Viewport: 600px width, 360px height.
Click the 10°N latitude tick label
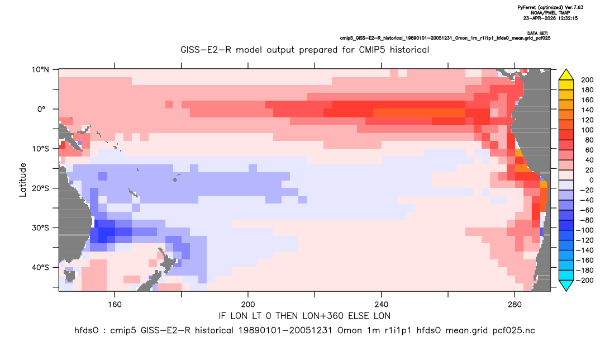tap(40, 70)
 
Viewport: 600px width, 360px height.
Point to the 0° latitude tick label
tap(41, 109)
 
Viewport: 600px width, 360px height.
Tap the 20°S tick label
tap(40, 188)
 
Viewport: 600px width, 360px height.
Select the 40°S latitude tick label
tap(40, 267)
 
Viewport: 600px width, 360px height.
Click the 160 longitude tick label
tap(115, 305)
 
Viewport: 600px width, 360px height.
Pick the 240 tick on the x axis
tap(382, 305)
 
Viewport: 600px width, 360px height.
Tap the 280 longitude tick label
tap(515, 305)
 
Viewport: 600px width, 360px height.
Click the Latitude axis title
tap(23, 180)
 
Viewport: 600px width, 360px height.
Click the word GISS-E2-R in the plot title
tap(206, 50)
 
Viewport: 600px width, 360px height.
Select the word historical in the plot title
tap(409, 50)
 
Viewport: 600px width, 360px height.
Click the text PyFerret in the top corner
tap(529, 8)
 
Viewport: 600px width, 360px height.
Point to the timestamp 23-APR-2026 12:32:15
tap(550, 18)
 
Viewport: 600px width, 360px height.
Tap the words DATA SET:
tap(537, 34)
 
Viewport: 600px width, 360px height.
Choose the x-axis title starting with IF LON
tap(304, 316)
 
